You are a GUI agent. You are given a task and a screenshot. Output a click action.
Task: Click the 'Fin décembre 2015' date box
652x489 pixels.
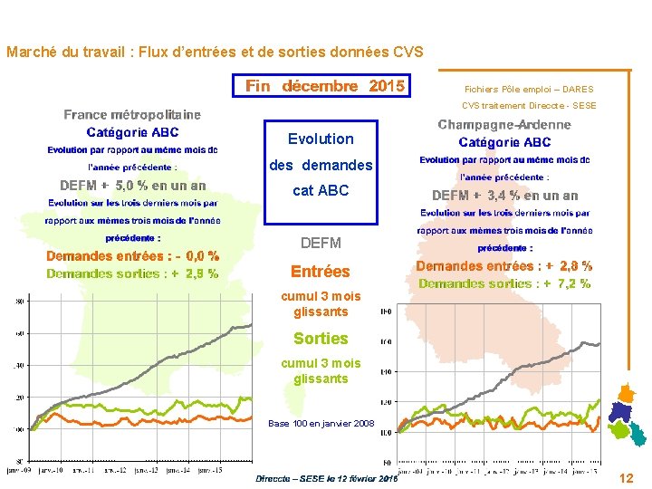[x=325, y=87]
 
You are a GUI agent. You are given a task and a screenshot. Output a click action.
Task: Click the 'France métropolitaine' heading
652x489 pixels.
[x=132, y=115]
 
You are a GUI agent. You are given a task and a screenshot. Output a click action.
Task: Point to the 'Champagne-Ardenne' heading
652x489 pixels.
[x=504, y=125]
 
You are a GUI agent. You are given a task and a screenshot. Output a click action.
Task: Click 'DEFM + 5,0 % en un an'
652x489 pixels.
[x=132, y=186]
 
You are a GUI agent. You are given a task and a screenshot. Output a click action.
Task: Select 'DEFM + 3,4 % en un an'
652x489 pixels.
[x=504, y=196]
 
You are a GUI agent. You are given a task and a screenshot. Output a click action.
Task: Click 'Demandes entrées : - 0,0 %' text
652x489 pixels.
[x=132, y=256]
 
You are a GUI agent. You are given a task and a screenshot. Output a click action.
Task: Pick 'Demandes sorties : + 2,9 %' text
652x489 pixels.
[x=132, y=273]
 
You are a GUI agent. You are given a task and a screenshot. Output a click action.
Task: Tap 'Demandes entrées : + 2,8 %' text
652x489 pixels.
[x=504, y=266]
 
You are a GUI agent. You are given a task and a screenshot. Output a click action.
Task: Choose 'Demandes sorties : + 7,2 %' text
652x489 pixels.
[x=504, y=283]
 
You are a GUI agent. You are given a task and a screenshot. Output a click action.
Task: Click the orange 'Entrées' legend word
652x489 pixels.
[x=320, y=272]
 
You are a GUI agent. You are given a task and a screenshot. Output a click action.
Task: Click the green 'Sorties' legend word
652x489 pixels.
[x=321, y=339]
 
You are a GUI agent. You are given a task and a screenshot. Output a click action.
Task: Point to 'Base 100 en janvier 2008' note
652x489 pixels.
[x=321, y=424]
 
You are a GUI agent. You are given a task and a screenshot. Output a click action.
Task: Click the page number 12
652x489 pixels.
[x=626, y=477]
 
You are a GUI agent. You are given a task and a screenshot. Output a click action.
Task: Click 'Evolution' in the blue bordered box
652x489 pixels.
[x=321, y=139]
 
